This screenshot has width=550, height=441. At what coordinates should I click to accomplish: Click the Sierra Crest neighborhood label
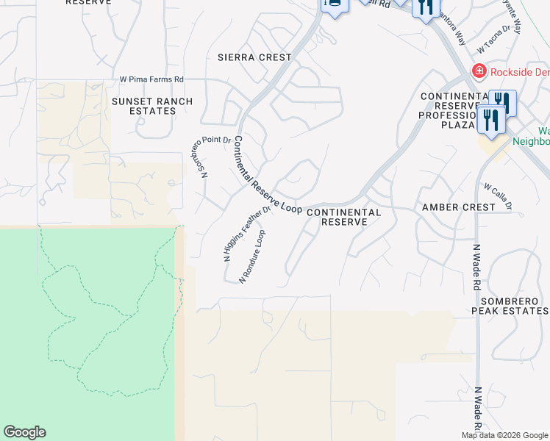(x=254, y=57)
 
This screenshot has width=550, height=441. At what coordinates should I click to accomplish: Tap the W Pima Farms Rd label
(x=151, y=79)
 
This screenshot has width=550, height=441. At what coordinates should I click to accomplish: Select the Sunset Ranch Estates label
(x=152, y=106)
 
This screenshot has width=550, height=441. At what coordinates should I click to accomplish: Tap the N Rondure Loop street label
(x=252, y=257)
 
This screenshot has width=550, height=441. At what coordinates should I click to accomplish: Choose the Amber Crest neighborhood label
(x=459, y=207)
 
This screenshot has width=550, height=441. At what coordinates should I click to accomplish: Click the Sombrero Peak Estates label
(x=515, y=306)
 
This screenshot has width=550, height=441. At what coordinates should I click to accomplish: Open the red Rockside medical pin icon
(x=479, y=71)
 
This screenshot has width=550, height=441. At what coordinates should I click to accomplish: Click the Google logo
(x=24, y=432)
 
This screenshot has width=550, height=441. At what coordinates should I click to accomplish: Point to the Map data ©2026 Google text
(x=504, y=435)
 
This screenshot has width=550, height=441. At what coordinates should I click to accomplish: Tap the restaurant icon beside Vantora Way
(x=424, y=8)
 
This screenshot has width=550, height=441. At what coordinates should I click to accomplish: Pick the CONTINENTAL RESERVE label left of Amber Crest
(x=343, y=217)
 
